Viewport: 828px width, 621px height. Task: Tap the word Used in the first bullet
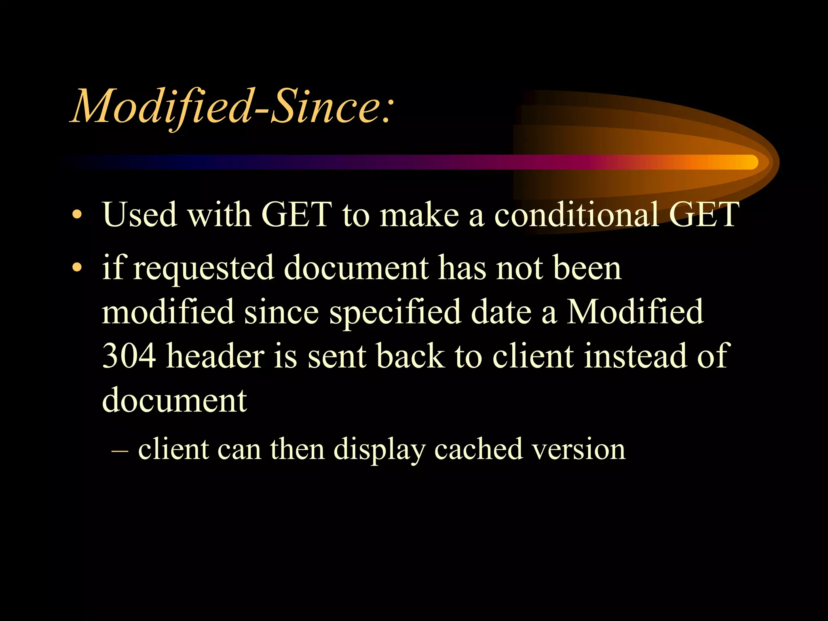(140, 214)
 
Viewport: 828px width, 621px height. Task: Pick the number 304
(129, 356)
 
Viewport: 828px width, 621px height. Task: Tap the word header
(215, 356)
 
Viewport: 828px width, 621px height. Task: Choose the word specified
(395, 312)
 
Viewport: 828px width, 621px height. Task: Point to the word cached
(478, 449)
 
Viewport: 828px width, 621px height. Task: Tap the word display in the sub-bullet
(379, 450)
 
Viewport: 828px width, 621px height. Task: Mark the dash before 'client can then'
(120, 450)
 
